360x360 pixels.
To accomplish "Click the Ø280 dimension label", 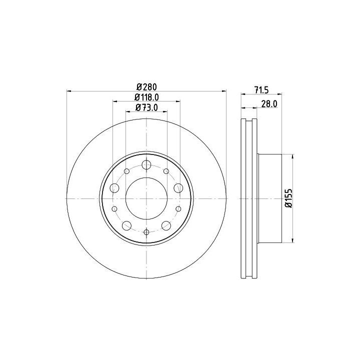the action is pyautogui.click(x=146, y=87).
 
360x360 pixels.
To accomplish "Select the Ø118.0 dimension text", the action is pyautogui.click(x=146, y=97).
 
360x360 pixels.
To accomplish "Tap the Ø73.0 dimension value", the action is pyautogui.click(x=146, y=107).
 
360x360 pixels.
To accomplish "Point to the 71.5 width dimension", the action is pyautogui.click(x=261, y=90).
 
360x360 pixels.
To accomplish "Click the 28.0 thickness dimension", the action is pyautogui.click(x=269, y=104).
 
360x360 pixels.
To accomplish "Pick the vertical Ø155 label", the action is pyautogui.click(x=289, y=198).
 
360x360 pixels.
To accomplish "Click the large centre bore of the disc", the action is pyautogui.click(x=146, y=198).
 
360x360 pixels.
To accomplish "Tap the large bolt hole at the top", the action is pyautogui.click(x=146, y=164).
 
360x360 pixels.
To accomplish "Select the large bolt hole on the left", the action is pyautogui.click(x=114, y=188).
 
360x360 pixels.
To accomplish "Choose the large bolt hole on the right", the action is pyautogui.click(x=178, y=188).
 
